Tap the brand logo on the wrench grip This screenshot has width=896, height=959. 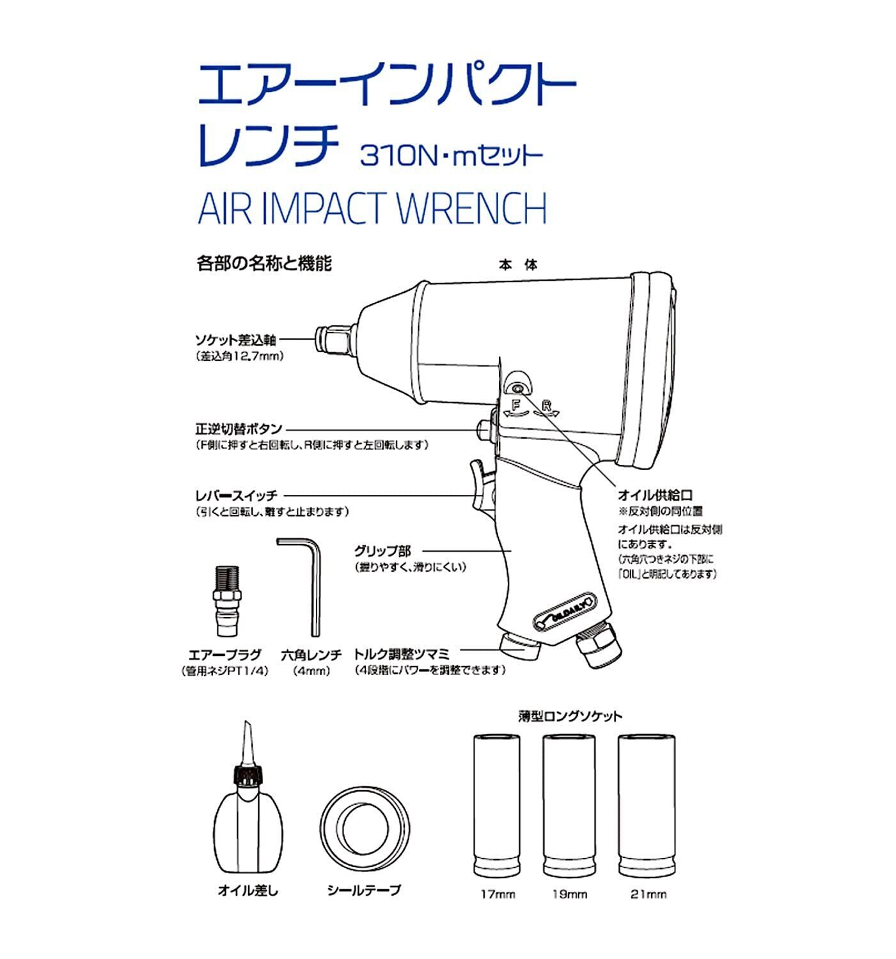563,604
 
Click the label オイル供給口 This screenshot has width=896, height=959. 655,495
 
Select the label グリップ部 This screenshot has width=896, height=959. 382,550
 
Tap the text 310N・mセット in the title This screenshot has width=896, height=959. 452,155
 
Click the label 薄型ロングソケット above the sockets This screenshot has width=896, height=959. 569,716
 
